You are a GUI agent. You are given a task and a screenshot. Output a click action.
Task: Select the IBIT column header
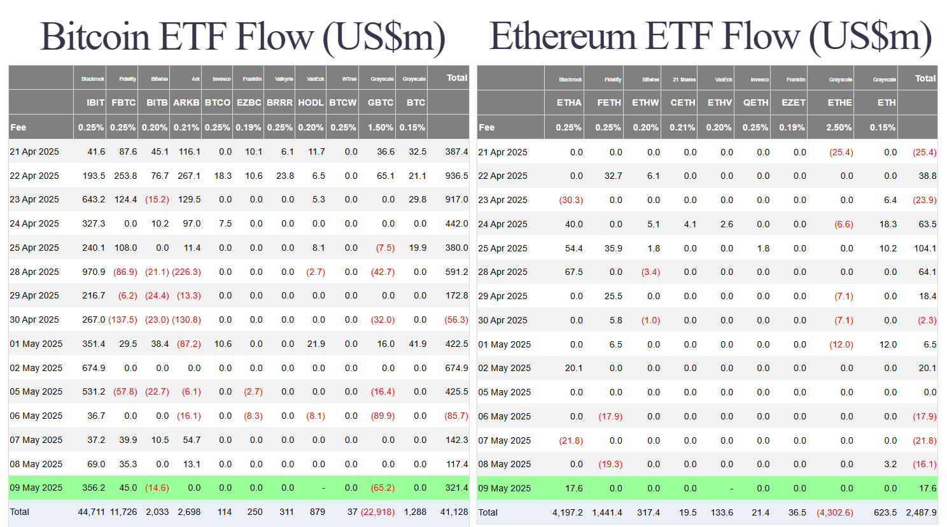[95, 102]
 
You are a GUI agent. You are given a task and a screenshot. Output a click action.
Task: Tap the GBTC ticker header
[381, 102]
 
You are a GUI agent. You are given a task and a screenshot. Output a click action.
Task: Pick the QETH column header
[755, 102]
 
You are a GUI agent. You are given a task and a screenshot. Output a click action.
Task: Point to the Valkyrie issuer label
[284, 79]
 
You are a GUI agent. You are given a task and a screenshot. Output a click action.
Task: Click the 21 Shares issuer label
[684, 80]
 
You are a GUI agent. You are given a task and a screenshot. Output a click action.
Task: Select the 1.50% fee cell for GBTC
[381, 127]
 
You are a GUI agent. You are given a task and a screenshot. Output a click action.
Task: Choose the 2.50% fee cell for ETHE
[839, 127]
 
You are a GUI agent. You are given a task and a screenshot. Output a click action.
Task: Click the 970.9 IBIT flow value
[94, 272]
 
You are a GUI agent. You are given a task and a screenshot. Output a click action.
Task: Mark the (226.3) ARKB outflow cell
[186, 272]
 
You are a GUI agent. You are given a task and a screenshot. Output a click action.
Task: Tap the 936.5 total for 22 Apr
[456, 176]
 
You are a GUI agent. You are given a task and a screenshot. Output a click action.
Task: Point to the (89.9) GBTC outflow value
[382, 416]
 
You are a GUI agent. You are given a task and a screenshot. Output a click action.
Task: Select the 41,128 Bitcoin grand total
[454, 512]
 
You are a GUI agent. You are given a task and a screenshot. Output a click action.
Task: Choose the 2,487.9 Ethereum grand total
[921, 512]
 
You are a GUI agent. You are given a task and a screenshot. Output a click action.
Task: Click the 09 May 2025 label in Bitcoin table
[36, 488]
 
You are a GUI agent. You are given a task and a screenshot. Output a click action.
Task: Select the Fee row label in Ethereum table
[487, 127]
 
